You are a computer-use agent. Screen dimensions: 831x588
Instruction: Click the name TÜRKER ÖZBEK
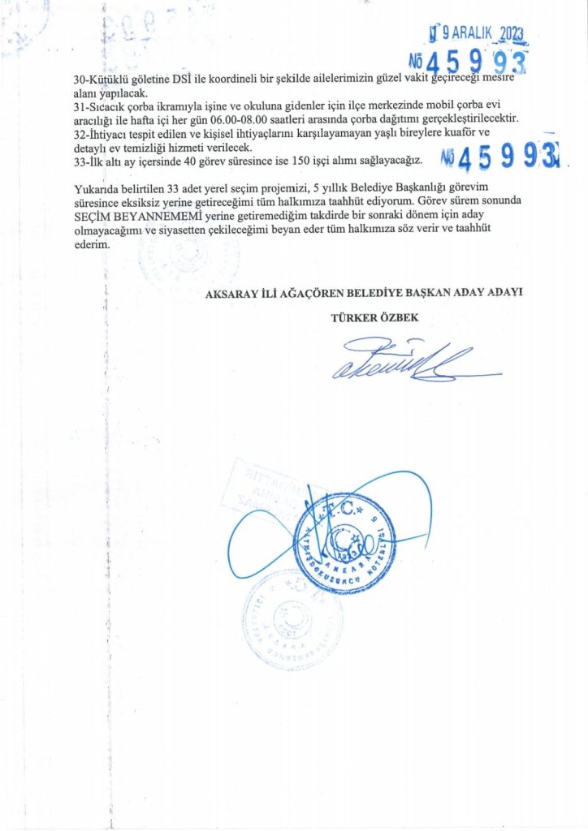tap(374, 317)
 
